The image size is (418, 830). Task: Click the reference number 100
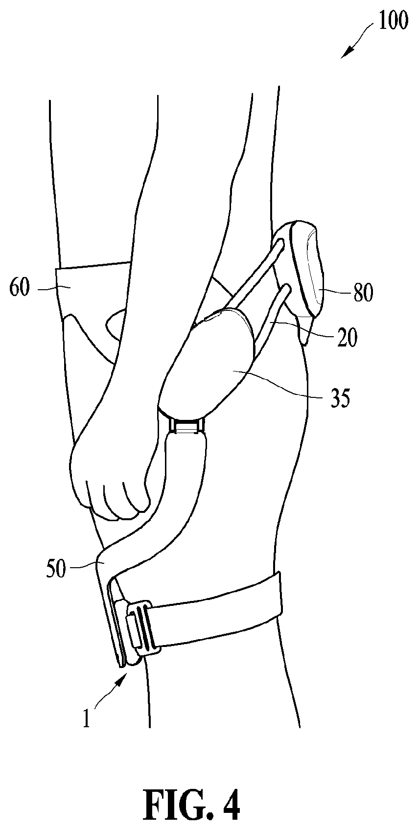(x=393, y=21)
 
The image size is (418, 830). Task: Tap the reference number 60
(x=20, y=288)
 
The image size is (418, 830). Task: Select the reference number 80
(x=363, y=293)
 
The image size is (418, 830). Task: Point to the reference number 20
(x=347, y=338)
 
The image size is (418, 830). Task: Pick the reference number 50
(x=56, y=570)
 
